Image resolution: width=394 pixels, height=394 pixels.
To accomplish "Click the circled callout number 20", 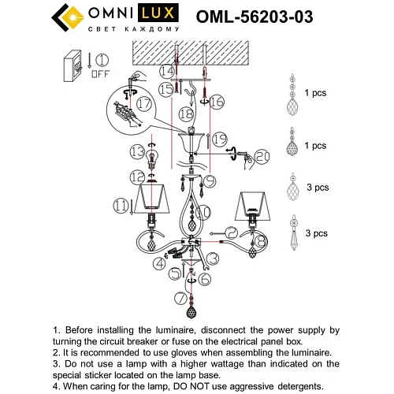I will click(261, 157).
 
